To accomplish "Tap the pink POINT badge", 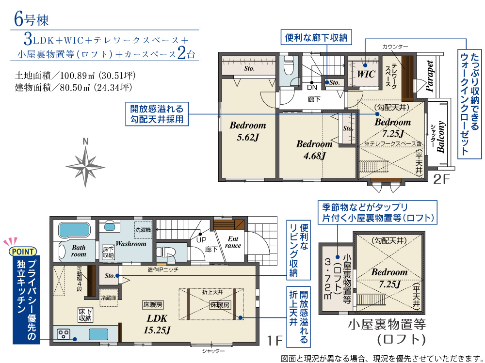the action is click(23, 252).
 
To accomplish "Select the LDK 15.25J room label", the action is click(157, 324).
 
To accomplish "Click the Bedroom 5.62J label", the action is click(248, 131).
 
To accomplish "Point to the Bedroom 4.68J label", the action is click(314, 150).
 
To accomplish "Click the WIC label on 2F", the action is click(366, 74).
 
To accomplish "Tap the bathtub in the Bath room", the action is click(74, 230).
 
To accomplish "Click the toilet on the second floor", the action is click(288, 66).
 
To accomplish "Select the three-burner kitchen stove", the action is click(64, 334).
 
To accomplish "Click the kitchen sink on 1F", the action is click(98, 334).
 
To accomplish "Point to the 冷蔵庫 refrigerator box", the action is click(109, 298).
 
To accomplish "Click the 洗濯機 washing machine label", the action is click(143, 230).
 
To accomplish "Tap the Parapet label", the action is click(429, 76).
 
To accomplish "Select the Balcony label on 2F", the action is click(441, 137).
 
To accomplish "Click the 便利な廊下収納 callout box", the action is click(316, 38).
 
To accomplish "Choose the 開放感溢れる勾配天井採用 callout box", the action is click(157, 114).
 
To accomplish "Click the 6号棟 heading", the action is click(32, 19).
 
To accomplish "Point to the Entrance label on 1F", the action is click(233, 242).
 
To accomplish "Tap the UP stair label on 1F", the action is click(201, 240).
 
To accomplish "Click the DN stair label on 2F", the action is click(312, 88).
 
